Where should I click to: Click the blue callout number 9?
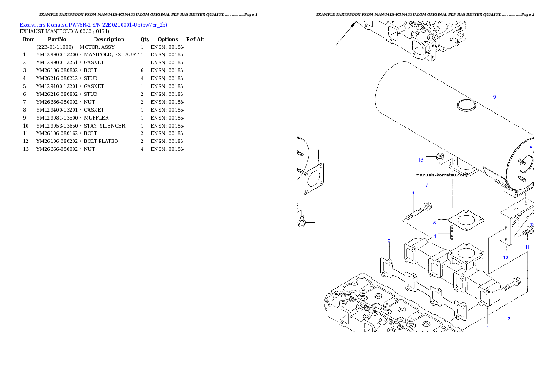[494, 97]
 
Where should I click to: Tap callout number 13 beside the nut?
[421, 160]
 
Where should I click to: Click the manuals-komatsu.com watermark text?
[440, 175]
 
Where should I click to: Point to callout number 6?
[412, 193]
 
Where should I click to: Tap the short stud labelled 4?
[451, 231]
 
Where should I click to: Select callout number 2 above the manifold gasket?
[389, 241]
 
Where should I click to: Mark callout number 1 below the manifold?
[488, 327]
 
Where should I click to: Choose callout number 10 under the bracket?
[505, 257]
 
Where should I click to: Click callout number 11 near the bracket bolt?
[527, 246]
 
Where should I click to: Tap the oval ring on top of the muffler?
[466, 106]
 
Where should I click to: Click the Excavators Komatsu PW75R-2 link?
[93, 25]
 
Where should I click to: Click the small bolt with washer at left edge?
[301, 222]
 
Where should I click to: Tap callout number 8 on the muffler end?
[531, 148]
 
